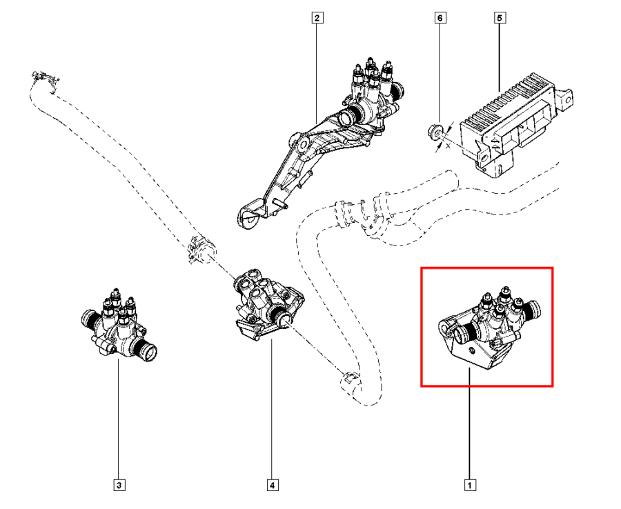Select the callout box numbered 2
click(316, 19)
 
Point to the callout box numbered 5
click(500, 19)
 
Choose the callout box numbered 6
click(438, 19)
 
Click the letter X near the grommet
click(448, 146)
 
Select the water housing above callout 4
click(266, 305)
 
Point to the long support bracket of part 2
click(304, 159)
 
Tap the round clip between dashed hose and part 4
click(197, 249)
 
